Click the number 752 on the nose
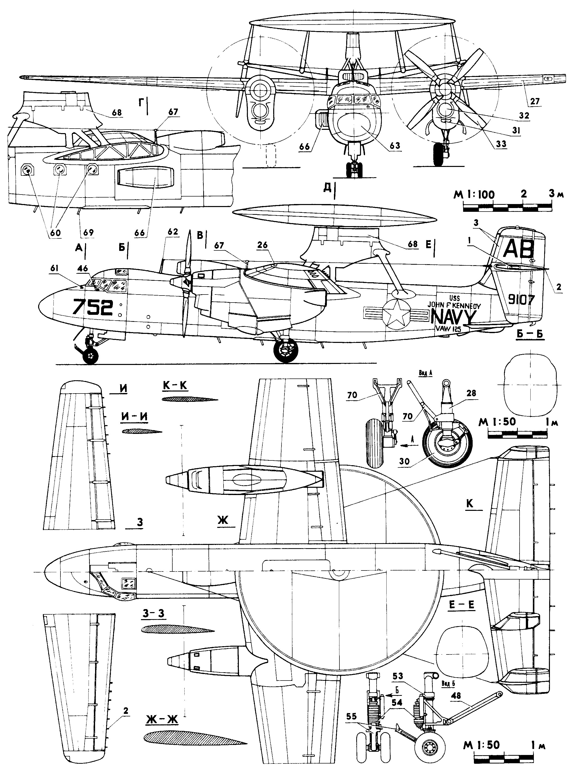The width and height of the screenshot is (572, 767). (92, 307)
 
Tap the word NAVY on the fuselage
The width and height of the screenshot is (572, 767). (454, 317)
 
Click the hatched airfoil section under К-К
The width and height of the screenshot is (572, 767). (190, 399)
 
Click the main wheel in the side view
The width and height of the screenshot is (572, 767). (286, 350)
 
